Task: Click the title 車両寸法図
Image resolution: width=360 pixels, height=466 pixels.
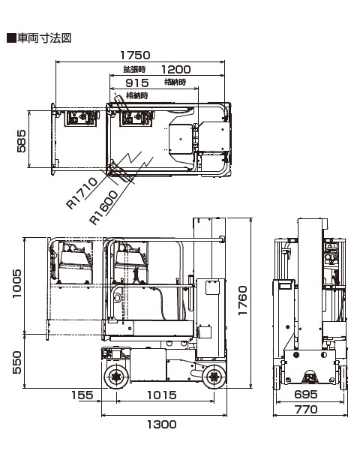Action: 44,38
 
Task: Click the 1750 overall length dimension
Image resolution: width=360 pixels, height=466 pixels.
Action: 135,56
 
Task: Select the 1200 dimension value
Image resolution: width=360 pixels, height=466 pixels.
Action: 175,70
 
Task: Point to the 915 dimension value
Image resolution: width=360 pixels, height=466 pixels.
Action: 137,83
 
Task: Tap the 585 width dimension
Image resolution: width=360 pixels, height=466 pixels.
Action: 22,141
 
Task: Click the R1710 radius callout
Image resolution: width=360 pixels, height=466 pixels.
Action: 82,193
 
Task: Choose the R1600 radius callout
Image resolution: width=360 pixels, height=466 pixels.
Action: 104,207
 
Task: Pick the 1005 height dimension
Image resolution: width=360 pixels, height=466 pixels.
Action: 17,284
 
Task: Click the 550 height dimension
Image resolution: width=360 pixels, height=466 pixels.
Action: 17,362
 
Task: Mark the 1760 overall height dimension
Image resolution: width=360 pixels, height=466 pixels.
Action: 242,300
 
